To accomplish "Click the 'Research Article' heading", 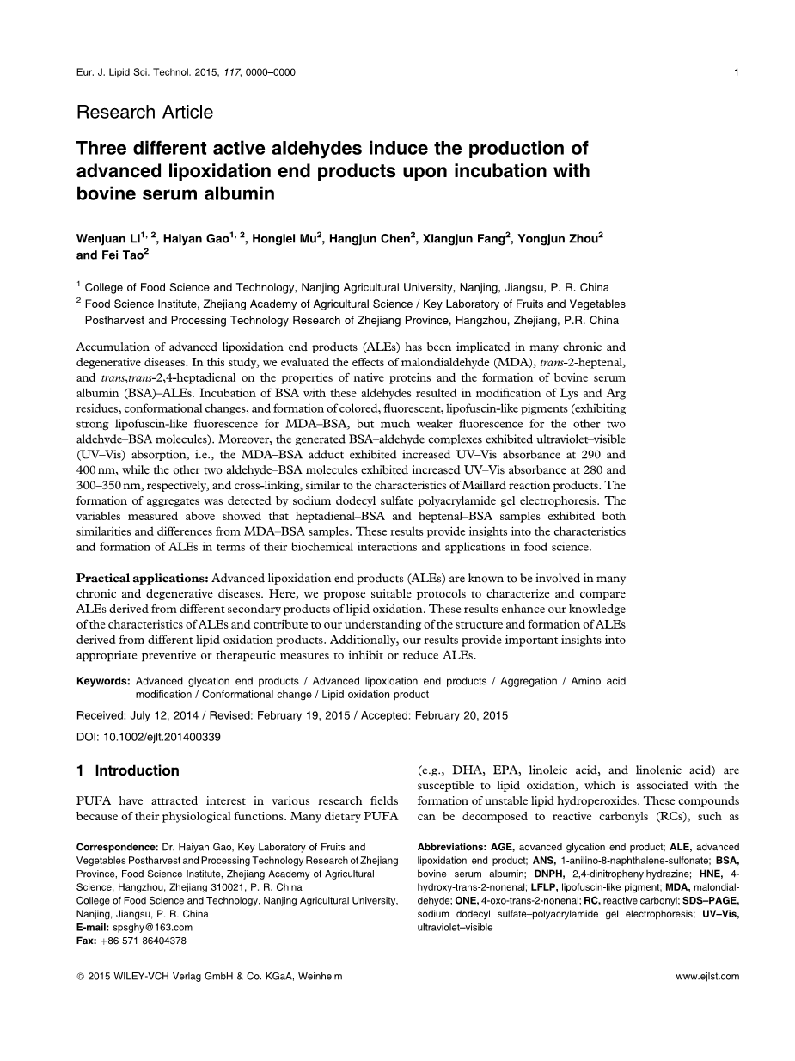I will pos(144,112).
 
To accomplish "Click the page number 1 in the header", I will pos(737,72).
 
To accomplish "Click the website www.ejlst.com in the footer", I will pos(707,976).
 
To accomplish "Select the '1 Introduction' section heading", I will pos(128,770).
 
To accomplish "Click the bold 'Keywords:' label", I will pos(103,681).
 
